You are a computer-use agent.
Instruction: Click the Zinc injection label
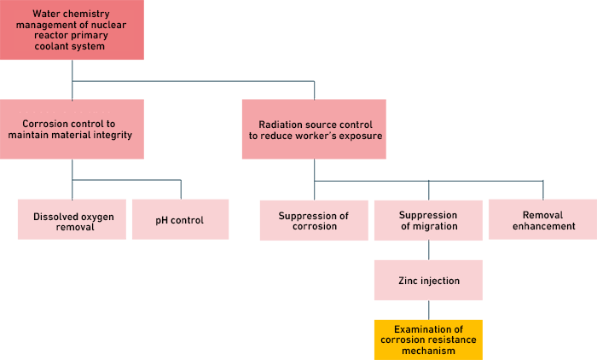tap(428, 280)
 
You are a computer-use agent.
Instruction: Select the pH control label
tap(179, 220)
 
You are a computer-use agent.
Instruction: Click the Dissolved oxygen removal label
tap(73, 222)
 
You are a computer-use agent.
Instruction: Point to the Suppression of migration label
tap(428, 221)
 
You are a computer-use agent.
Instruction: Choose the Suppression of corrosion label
tap(313, 221)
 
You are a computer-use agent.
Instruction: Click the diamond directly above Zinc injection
tap(428, 250)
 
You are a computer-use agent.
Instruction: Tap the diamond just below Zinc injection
tap(428, 310)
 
